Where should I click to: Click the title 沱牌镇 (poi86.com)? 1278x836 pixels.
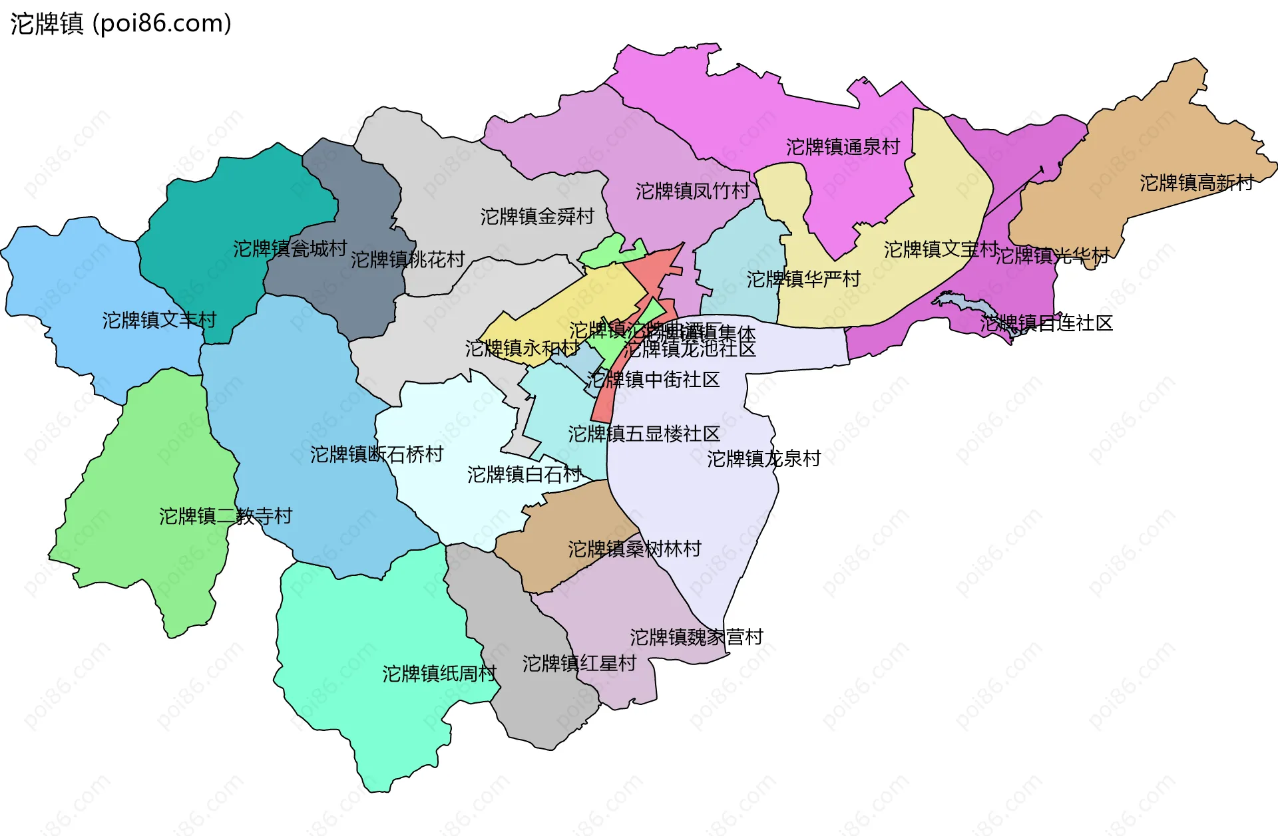coord(120,23)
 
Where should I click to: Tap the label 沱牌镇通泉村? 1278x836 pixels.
coord(843,146)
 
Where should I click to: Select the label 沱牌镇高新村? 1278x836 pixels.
coord(1196,182)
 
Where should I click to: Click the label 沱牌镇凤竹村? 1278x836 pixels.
coord(692,191)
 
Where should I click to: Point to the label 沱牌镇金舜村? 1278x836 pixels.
coord(537,216)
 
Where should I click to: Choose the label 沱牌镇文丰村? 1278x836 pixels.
coord(159,320)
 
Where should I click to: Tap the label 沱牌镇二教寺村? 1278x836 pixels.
coord(226,515)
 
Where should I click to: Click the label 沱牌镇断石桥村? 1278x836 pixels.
coord(377,454)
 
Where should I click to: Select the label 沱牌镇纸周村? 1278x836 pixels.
coord(439,673)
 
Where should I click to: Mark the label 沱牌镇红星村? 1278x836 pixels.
coord(579,663)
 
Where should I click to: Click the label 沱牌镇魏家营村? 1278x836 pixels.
coord(696,636)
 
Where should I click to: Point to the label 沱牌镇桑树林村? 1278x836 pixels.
coord(634,549)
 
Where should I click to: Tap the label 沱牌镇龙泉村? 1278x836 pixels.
coord(763,458)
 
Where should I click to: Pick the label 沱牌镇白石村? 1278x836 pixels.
coord(525,474)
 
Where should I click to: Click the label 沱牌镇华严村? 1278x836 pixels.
coord(803,279)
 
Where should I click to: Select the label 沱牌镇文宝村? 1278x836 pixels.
coord(941,249)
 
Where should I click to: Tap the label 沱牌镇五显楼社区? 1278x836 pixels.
coord(644,434)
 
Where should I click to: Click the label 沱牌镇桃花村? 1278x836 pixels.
coord(407,259)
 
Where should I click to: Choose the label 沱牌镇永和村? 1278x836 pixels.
coord(522,348)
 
